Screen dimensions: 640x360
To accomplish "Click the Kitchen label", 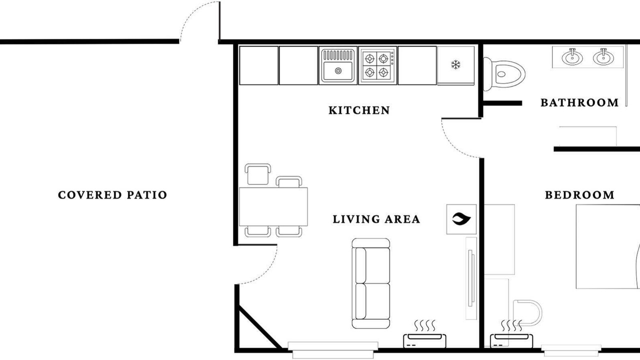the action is [x=359, y=110].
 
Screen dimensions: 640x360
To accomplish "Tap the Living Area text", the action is [x=376, y=219].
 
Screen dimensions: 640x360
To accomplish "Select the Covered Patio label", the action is [x=112, y=195].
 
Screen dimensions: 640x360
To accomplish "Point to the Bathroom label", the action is [x=579, y=102].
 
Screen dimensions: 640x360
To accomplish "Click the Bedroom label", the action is [x=579, y=195].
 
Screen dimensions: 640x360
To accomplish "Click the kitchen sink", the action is [x=338, y=65].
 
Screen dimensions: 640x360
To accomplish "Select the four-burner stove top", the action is [x=377, y=65].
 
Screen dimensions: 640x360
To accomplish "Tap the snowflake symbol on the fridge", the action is [x=455, y=64].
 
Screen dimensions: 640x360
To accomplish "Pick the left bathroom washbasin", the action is [x=572, y=57].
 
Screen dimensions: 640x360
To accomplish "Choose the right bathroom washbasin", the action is [x=603, y=57].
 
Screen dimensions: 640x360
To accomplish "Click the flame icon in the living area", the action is [x=461, y=219].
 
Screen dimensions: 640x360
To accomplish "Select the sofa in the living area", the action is [x=371, y=283].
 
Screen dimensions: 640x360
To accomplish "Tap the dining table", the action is [x=273, y=206].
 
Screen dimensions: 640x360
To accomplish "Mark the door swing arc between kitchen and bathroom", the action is [x=453, y=145].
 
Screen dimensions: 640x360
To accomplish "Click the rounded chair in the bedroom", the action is [x=527, y=313].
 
